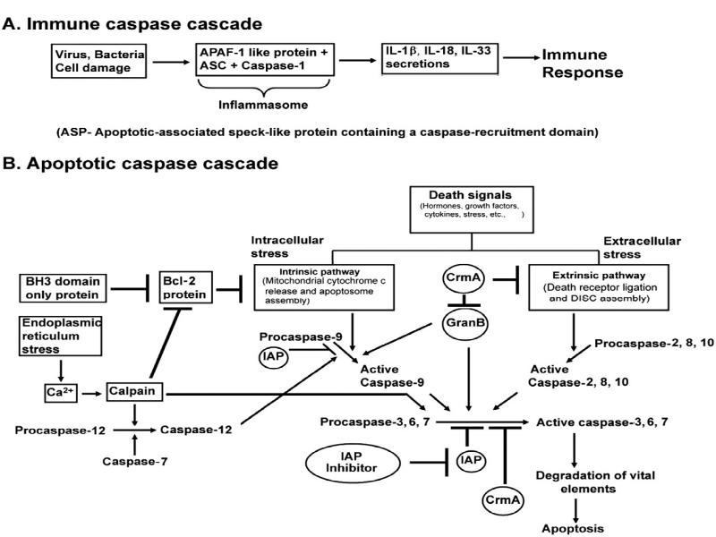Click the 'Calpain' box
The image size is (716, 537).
(135, 393)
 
